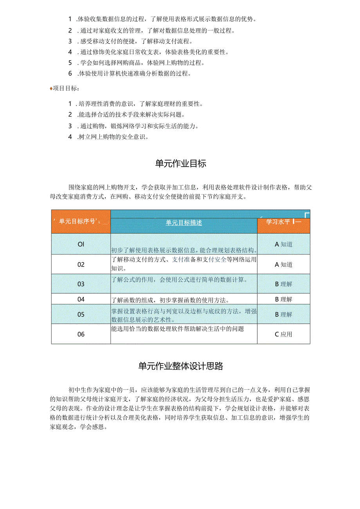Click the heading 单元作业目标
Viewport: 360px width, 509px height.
[180, 164]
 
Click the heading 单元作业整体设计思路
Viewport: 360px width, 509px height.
[180, 366]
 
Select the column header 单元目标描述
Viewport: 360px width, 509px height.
[184, 223]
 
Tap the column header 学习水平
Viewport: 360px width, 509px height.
[278, 221]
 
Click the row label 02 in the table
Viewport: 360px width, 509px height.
[81, 264]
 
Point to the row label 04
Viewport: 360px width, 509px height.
[81, 299]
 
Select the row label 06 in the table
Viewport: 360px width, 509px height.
[81, 334]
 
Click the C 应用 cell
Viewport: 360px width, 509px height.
[283, 334]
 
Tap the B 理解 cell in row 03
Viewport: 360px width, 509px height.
[283, 284]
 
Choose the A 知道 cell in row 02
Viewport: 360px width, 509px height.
[283, 264]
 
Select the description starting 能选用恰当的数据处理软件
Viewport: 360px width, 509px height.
[178, 329]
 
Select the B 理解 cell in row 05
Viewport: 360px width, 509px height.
[283, 314]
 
